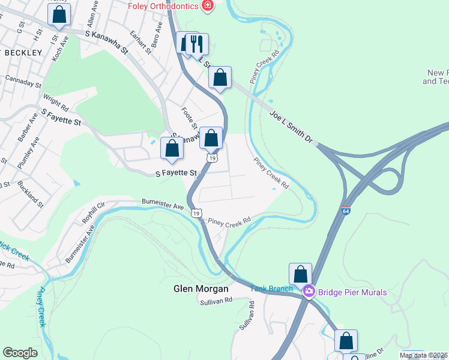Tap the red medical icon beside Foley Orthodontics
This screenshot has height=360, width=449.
[x=208, y=5]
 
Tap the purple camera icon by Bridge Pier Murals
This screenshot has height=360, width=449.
[x=309, y=292]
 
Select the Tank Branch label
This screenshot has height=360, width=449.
[x=271, y=289]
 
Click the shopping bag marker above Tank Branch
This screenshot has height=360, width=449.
[x=300, y=274]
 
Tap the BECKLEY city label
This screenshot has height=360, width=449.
[x=23, y=53]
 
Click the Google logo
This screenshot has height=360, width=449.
[x=20, y=353]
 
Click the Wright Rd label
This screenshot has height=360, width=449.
[x=56, y=100]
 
